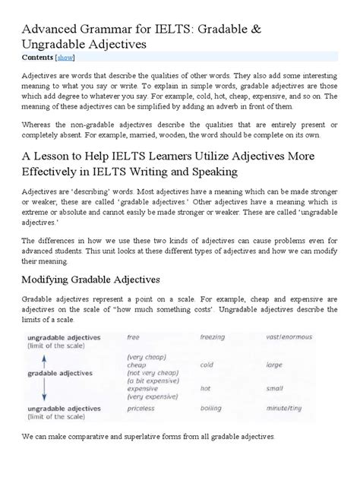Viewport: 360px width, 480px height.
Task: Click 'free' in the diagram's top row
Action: point(134,336)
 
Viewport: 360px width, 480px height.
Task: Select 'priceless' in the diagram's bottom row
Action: point(142,428)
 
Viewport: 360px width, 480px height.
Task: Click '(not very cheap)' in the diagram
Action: point(153,374)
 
